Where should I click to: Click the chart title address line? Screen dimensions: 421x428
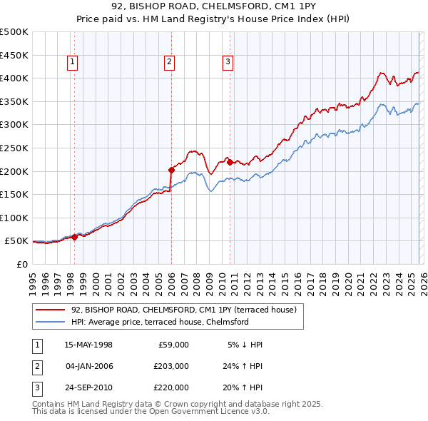click(213, 7)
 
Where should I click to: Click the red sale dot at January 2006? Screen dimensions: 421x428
click(171, 169)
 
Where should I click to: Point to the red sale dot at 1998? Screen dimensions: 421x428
click(75, 236)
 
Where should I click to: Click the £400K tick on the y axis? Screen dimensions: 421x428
click(14, 78)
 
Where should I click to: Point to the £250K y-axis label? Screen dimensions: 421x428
click(14, 148)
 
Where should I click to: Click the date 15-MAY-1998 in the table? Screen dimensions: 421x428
click(88, 345)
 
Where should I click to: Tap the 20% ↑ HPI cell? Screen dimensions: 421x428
click(242, 387)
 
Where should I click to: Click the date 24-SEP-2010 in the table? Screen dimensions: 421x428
click(88, 387)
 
